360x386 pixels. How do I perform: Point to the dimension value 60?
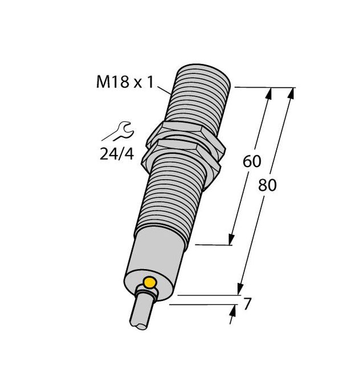(x=252, y=161)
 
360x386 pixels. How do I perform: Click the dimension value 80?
(x=267, y=185)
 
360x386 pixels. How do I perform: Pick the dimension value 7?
(x=247, y=304)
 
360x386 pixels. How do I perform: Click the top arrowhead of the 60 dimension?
(x=267, y=92)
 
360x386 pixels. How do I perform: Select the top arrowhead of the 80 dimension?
(x=292, y=92)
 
